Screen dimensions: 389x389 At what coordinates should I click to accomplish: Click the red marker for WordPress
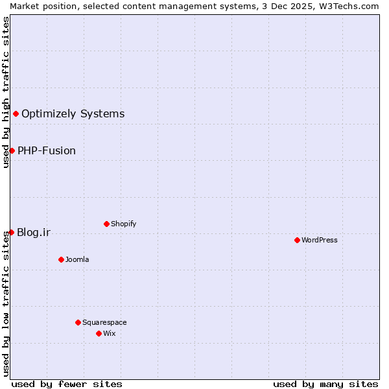tap(297, 240)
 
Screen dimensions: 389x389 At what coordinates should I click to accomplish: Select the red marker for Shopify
tap(106, 224)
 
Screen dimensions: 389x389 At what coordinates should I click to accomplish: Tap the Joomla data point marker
tap(61, 259)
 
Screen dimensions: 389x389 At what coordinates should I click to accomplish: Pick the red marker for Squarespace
tap(78, 322)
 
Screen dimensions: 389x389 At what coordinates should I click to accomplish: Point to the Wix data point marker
tap(99, 333)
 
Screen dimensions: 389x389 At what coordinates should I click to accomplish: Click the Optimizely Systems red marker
tap(16, 114)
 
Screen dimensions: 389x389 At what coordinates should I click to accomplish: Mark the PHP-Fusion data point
tap(12, 150)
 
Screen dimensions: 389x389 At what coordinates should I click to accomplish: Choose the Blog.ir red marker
tap(11, 232)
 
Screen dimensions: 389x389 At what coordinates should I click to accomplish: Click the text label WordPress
tap(320, 240)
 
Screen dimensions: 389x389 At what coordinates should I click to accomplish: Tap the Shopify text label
tap(124, 224)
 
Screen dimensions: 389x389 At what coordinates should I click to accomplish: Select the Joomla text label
tap(77, 259)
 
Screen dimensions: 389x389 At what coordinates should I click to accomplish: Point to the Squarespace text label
tap(104, 322)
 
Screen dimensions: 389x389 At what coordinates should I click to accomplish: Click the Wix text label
tap(110, 333)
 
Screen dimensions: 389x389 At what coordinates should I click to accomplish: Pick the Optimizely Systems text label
tap(73, 114)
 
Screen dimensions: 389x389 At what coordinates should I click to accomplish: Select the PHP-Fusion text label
tap(47, 150)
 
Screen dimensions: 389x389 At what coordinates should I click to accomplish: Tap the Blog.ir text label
tap(34, 232)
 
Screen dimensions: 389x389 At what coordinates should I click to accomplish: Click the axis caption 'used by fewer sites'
tap(67, 384)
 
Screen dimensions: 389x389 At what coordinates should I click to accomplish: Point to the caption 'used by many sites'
tap(325, 384)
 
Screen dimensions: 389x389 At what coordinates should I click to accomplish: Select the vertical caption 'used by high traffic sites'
tap(6, 92)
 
